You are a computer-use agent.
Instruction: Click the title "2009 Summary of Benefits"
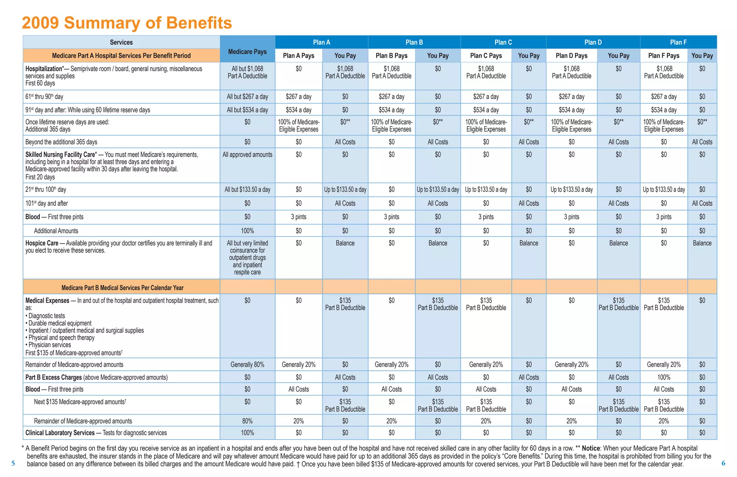(x=127, y=23)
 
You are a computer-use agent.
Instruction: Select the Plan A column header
(x=321, y=42)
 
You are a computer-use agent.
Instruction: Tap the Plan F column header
(x=678, y=42)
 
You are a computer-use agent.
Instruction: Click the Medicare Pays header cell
(x=247, y=51)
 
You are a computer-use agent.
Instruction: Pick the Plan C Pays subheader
(x=486, y=55)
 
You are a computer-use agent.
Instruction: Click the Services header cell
(x=121, y=42)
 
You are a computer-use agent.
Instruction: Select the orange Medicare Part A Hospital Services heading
(x=121, y=55)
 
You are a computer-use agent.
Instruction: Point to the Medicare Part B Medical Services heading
(x=122, y=288)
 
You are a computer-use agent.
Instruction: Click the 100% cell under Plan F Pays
(x=664, y=377)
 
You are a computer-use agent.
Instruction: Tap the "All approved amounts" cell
(x=247, y=155)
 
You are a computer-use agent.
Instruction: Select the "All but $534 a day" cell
(x=247, y=110)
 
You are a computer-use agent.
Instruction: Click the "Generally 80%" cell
(x=247, y=365)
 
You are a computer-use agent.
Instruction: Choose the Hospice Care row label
(x=42, y=243)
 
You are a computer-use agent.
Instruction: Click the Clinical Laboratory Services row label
(x=60, y=433)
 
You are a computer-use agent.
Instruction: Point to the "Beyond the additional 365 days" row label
(x=61, y=142)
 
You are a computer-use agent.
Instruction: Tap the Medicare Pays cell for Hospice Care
(x=247, y=257)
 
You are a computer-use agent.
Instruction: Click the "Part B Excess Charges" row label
(x=53, y=377)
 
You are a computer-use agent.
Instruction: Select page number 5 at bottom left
(x=13, y=463)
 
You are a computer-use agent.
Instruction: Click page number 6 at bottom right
(x=723, y=463)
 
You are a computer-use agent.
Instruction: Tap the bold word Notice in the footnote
(x=591, y=448)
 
